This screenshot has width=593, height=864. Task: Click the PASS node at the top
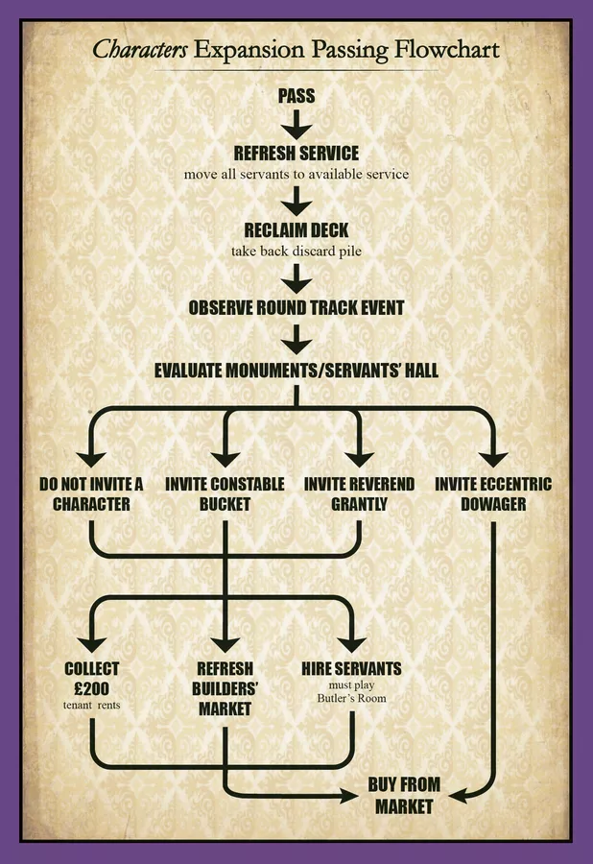pos(296,96)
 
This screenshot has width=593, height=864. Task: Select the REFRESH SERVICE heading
pos(296,153)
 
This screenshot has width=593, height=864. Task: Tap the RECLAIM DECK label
pos(296,229)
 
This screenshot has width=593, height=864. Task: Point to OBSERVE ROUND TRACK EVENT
pos(296,307)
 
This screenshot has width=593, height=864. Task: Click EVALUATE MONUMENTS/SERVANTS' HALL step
pos(296,370)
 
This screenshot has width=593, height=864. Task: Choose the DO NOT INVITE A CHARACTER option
pos(91,493)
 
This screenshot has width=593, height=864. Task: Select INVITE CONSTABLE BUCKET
pos(225,493)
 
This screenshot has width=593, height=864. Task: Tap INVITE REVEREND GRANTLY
pos(359,493)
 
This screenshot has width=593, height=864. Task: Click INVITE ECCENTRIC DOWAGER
pos(493,493)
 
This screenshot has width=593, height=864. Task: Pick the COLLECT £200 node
pos(91,679)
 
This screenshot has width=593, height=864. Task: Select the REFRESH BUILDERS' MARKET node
pos(225,688)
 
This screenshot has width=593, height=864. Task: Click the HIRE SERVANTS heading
pos(351,668)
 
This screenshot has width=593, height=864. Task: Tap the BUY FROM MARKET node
pos(404,795)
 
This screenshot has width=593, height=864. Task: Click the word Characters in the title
pos(140,50)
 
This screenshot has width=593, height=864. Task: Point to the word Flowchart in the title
pos(447,50)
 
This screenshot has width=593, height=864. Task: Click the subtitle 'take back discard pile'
pos(296,252)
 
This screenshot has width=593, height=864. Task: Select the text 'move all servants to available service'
pos(296,174)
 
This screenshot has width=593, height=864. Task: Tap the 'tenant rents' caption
pos(91,705)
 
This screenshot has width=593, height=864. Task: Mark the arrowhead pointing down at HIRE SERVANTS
pos(351,644)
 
